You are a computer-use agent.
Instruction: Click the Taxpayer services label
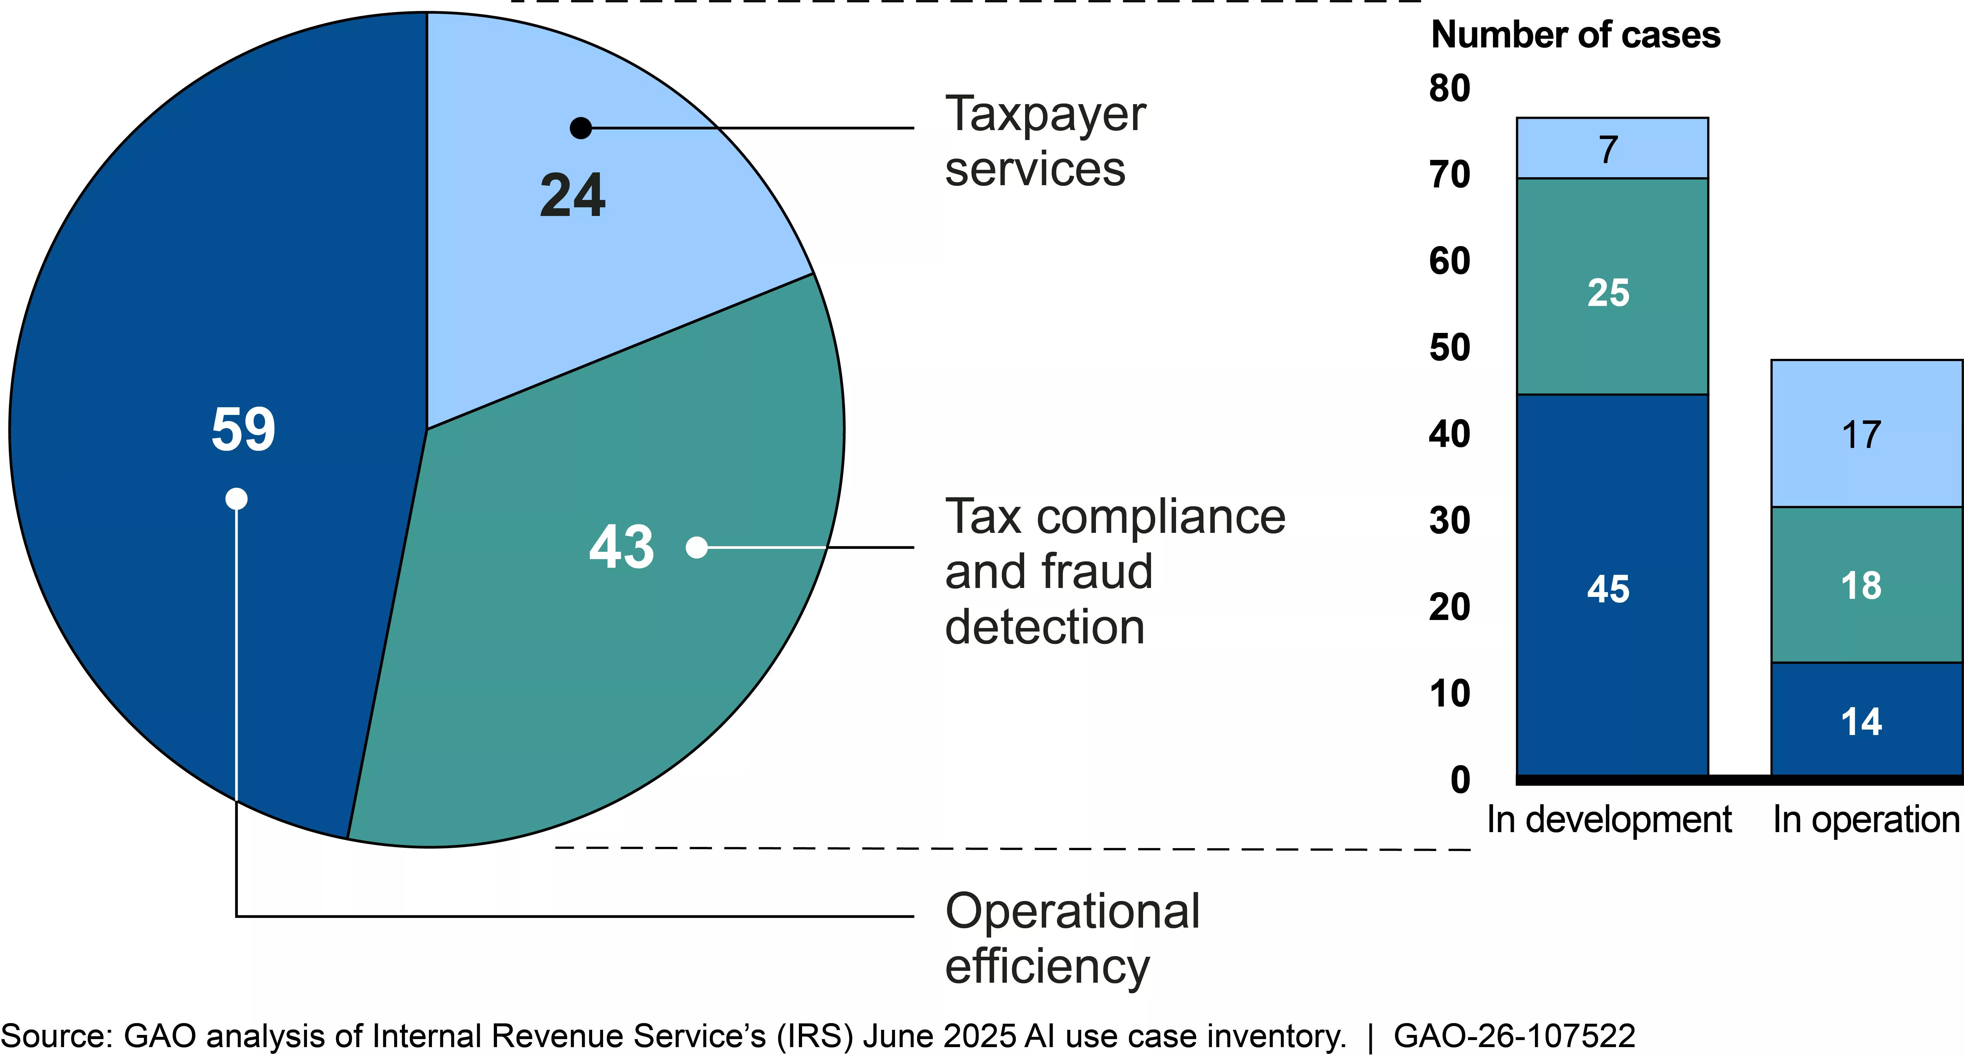(1045, 141)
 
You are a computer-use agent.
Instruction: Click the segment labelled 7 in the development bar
(1612, 149)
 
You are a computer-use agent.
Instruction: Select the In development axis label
(1609, 820)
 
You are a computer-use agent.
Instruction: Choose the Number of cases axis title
(1575, 35)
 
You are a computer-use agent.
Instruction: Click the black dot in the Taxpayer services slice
(581, 128)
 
